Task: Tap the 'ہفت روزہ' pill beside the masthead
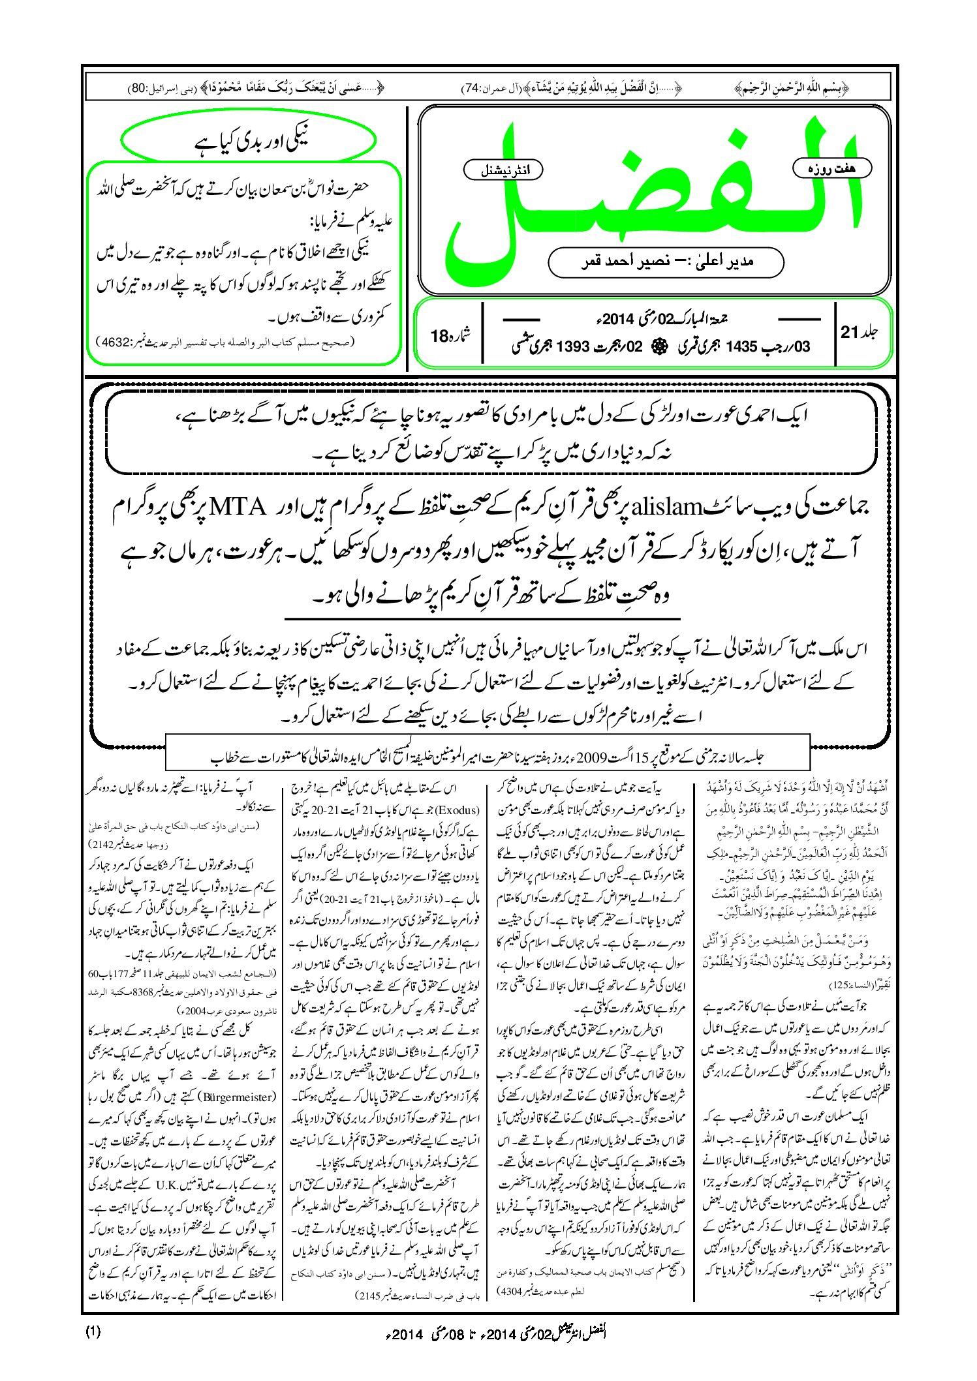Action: click(833, 168)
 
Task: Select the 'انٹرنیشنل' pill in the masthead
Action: click(503, 170)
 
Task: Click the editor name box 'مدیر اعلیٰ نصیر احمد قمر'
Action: click(666, 262)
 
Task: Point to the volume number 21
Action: click(848, 332)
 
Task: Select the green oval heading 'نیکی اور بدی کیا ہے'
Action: click(249, 141)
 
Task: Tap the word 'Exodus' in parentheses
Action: click(459, 811)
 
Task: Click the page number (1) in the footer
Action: click(93, 1332)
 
